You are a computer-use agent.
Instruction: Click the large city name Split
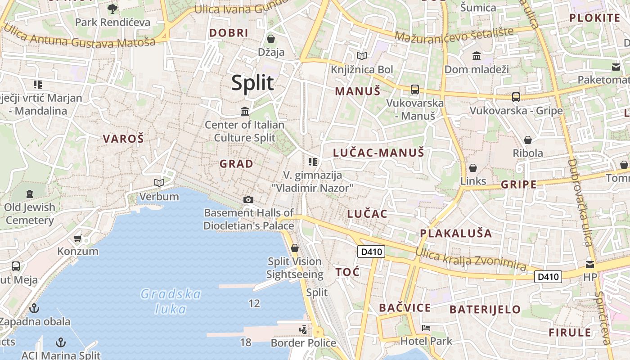tap(252, 83)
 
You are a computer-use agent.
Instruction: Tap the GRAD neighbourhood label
tap(236, 164)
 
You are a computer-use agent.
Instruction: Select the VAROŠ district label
tap(123, 139)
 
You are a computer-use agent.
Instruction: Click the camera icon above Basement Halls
tap(248, 199)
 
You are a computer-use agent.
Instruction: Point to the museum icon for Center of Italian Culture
tap(245, 111)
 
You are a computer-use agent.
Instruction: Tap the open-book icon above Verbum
tap(159, 183)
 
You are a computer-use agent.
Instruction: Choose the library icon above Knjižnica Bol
tap(362, 56)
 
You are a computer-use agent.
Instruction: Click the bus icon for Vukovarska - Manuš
tap(415, 90)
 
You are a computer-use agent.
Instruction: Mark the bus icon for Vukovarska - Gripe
tap(516, 97)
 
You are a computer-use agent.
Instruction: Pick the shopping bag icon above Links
tap(473, 168)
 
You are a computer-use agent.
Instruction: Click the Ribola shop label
tap(528, 153)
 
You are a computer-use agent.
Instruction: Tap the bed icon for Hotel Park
tap(426, 328)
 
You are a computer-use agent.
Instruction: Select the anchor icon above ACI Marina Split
tap(60, 342)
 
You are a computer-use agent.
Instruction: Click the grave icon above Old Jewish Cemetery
tap(30, 194)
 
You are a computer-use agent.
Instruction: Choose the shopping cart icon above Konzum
tap(78, 238)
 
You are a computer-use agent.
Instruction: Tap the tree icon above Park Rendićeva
tap(112, 9)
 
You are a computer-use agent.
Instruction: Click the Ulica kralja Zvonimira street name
tap(470, 259)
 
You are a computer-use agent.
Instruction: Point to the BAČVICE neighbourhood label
tap(405, 308)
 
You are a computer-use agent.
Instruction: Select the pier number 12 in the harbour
tap(254, 303)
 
